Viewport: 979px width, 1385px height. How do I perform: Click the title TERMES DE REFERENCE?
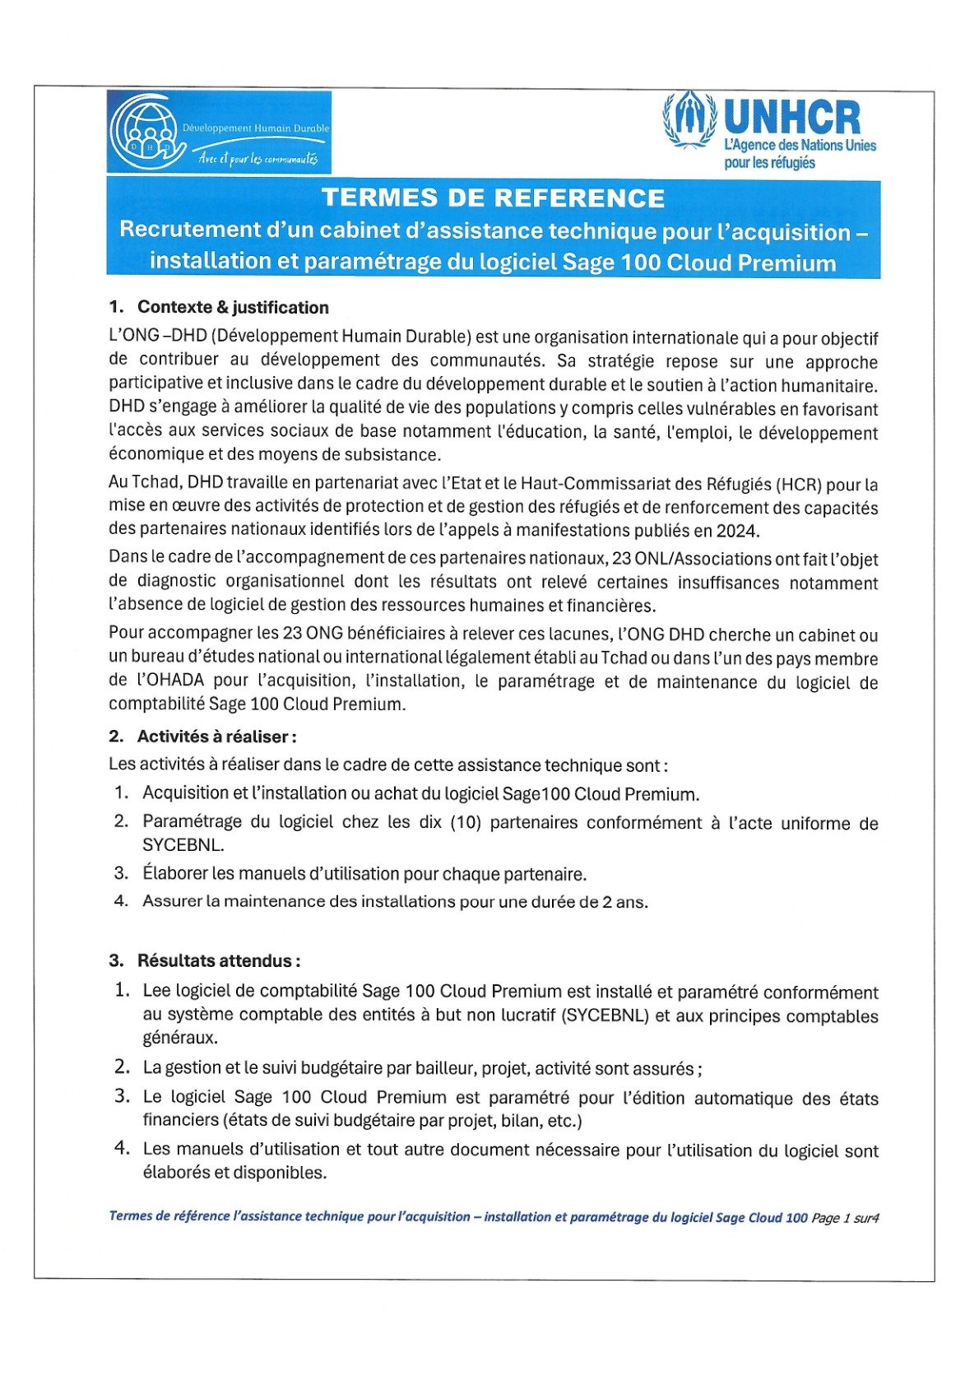(493, 198)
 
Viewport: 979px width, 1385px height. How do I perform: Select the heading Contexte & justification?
(233, 308)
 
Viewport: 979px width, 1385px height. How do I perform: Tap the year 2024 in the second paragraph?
(735, 531)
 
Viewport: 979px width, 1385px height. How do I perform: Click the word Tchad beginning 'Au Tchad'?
(149, 484)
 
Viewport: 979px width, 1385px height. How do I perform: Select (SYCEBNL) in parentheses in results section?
(605, 1016)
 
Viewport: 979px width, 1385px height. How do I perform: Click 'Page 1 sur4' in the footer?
(845, 1218)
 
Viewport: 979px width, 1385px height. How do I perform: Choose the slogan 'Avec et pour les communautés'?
(258, 159)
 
